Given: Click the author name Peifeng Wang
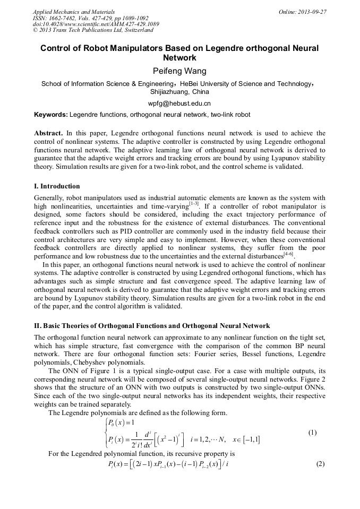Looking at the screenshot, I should click(179, 71).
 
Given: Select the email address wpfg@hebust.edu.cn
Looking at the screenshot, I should click(179, 103).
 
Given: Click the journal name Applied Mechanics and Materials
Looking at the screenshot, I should click(74, 12).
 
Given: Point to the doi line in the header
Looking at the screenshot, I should click(96, 24).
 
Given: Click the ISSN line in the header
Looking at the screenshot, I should click(91, 18).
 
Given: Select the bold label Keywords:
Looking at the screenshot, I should click(51, 115).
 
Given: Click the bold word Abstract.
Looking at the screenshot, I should click(48, 133).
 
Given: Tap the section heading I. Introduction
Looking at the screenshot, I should click(57, 186).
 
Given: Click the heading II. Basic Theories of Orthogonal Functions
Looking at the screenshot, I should click(151, 325).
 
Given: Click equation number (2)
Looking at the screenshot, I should click(320, 464).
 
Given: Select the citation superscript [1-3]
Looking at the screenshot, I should click(194, 203).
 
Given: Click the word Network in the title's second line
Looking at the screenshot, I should click(179, 57).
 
